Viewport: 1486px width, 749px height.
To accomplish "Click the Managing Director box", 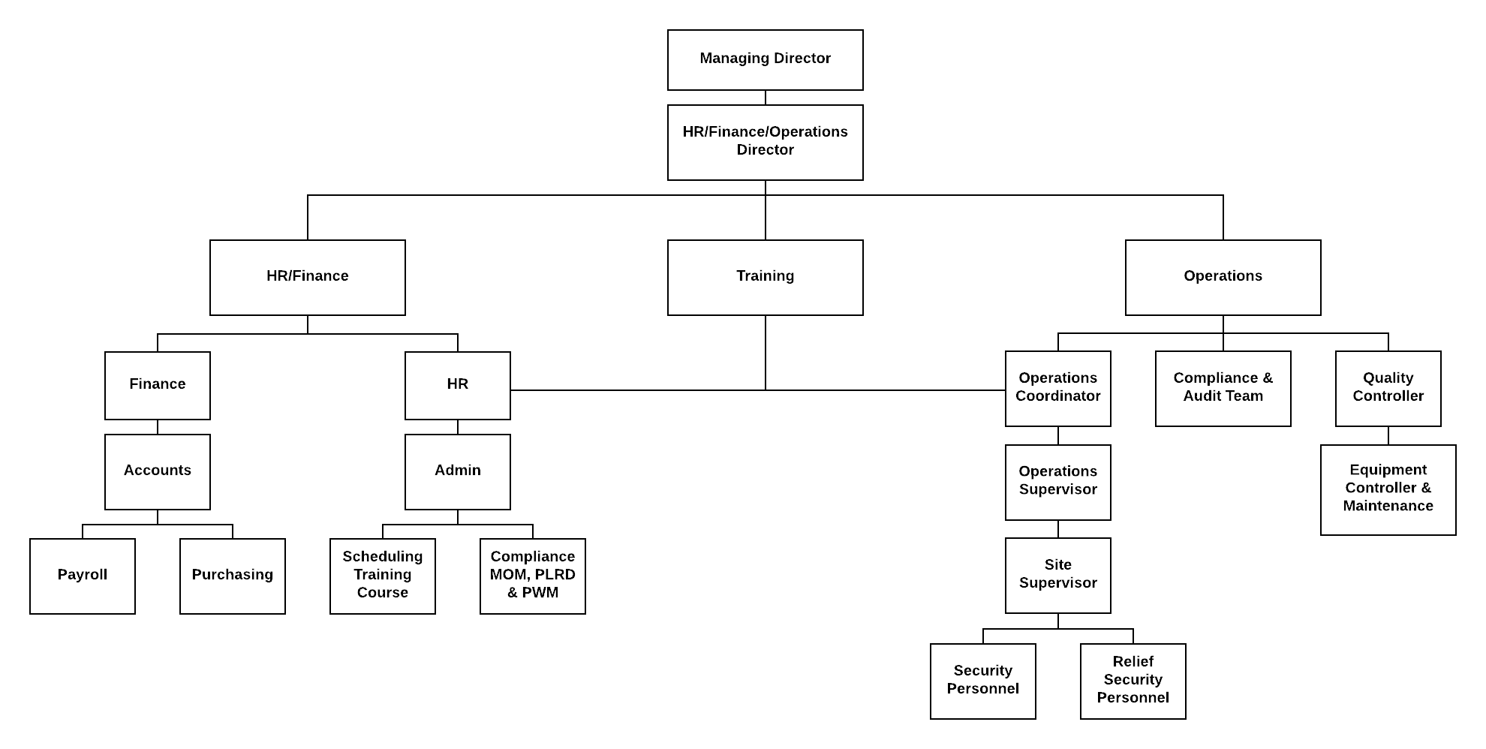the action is (x=766, y=60).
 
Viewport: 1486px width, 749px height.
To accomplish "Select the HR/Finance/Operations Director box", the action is (x=766, y=143).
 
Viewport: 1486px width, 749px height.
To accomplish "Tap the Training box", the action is (x=766, y=278).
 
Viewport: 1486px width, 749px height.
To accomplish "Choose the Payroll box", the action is (x=83, y=576).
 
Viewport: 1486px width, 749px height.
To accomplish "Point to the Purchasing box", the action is (x=233, y=576).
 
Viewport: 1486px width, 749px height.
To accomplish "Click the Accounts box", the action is (x=158, y=472).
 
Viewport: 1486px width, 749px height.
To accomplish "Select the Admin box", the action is (x=458, y=472).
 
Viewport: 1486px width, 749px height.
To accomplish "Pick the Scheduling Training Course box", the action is (x=383, y=576).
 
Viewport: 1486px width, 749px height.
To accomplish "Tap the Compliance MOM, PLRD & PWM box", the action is (x=533, y=576).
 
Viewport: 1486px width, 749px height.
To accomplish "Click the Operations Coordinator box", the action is (x=1058, y=389).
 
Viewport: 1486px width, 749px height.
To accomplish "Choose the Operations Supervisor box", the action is (x=1058, y=483).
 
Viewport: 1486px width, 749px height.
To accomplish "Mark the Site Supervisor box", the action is (x=1058, y=576).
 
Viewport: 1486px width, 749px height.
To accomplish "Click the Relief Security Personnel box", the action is (x=1133, y=681).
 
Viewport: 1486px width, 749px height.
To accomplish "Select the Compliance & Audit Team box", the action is (x=1223, y=389).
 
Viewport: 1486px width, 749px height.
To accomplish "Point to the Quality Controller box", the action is (x=1388, y=389).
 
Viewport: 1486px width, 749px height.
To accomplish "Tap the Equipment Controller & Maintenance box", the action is (x=1388, y=490).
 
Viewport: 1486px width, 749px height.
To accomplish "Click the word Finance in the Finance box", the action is (x=158, y=384).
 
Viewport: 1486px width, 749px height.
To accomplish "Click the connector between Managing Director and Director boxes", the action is (x=766, y=98).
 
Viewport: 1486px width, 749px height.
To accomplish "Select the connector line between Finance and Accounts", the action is (x=158, y=427).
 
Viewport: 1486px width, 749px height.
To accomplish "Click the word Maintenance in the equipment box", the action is (x=1388, y=506).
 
